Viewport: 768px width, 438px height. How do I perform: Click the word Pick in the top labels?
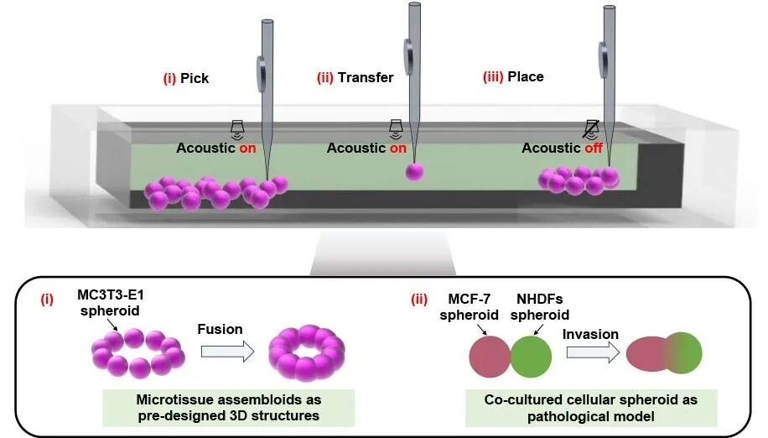coord(195,78)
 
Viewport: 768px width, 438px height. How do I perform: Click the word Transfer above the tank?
coord(366,77)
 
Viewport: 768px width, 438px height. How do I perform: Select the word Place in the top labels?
coord(526,76)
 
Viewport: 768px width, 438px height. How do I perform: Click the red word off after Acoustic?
coord(594,148)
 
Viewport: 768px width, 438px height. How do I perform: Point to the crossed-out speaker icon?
coord(591,128)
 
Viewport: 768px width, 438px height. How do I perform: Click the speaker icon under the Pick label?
coord(237,128)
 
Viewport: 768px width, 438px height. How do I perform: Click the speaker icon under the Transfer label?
coord(396,128)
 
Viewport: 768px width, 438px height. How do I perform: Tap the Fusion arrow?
coord(220,353)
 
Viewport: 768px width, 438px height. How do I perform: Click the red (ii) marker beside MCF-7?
coord(417,300)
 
